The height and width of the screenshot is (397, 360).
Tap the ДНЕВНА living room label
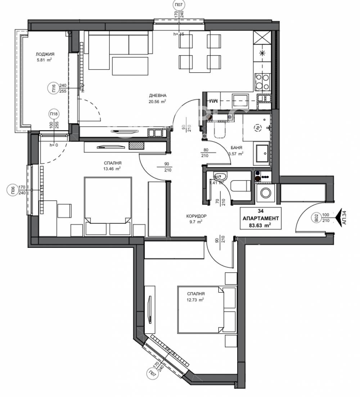158,95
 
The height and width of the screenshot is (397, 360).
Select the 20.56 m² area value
158,102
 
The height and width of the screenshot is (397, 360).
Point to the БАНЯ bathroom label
236,148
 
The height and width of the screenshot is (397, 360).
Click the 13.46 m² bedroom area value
112,168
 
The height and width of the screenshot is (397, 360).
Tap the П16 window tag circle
53,89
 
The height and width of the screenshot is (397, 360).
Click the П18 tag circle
54,114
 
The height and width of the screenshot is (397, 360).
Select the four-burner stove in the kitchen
262,81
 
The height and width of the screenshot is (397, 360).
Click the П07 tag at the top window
178,5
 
